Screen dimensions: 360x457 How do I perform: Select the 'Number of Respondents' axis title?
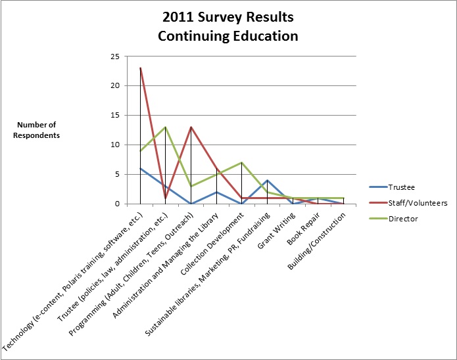click(38, 130)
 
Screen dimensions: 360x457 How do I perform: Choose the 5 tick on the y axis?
click(116, 175)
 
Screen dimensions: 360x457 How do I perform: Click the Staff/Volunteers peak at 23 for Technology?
click(140, 68)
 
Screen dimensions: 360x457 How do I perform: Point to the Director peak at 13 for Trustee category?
click(166, 127)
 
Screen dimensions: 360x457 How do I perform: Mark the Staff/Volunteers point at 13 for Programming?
click(191, 127)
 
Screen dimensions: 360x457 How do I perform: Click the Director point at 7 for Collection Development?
click(242, 162)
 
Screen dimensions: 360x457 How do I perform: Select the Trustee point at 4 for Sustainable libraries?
click(268, 180)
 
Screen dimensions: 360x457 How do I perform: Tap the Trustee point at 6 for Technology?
click(140, 168)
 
